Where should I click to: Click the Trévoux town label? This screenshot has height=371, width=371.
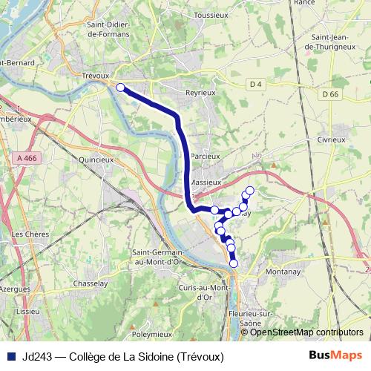(96, 75)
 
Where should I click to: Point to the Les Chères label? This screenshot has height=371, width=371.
(30, 234)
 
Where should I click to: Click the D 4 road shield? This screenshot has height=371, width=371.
(256, 85)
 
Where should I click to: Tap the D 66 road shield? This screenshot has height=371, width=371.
(330, 93)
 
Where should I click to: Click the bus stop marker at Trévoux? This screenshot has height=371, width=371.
(120, 87)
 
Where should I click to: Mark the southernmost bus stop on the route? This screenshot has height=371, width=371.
(234, 263)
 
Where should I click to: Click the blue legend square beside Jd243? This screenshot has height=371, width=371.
(11, 356)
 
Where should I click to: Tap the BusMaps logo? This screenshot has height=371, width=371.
(335, 355)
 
